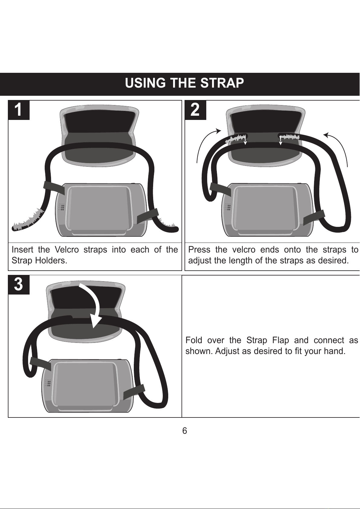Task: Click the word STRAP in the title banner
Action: coord(222,83)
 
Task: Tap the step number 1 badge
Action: coord(19,110)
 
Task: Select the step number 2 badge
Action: coord(195,110)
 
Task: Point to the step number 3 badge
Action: coord(19,285)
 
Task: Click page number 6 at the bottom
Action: coord(185,430)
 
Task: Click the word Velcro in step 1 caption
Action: coord(67,250)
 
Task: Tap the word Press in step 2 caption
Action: coord(199,250)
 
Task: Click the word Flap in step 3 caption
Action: coord(281,340)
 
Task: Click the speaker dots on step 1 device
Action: coord(61,207)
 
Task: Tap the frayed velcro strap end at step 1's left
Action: coord(28,220)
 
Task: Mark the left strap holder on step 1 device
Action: coord(54,188)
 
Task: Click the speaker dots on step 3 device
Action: coord(48,382)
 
